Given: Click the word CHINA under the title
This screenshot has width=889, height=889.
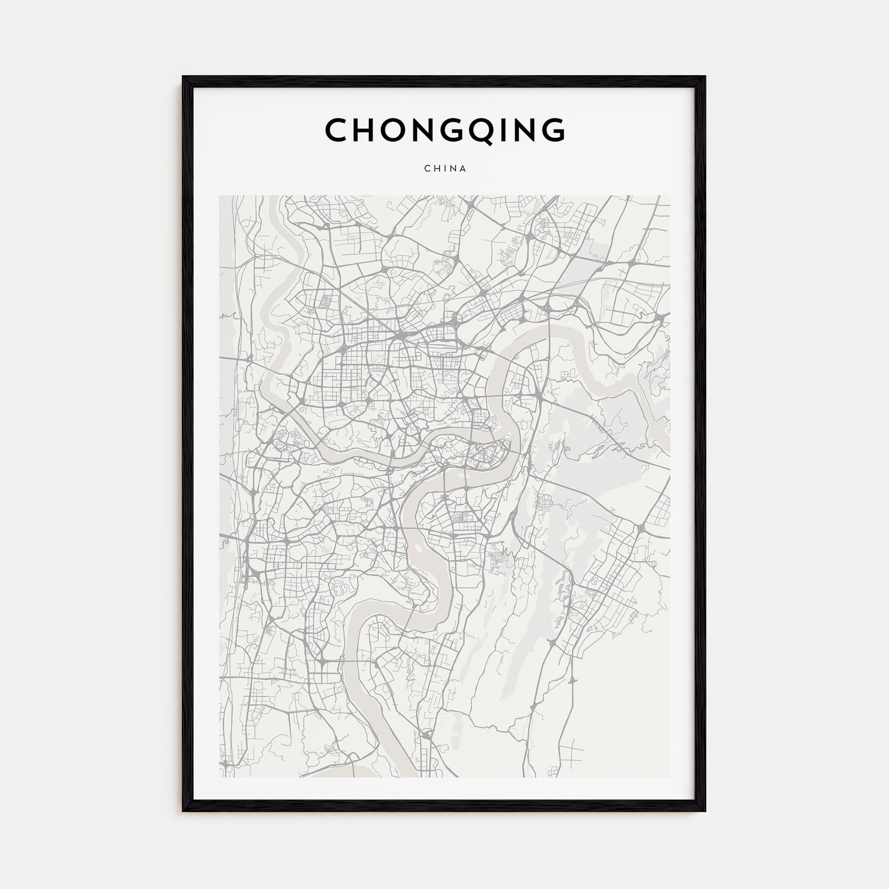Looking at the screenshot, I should point(445,168).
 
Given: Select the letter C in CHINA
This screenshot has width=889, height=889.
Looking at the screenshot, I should point(427,168).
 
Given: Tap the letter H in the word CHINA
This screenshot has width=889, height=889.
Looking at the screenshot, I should point(436,168).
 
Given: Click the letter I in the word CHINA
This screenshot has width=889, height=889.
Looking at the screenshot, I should point(444,168).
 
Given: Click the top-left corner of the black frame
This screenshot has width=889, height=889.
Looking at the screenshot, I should point(183,77).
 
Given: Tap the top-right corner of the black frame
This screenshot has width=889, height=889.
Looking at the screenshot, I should point(705,77).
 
